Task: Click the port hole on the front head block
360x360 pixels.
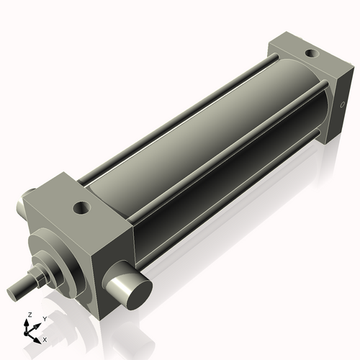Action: click(x=80, y=208)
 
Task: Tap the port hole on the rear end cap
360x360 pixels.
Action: click(x=310, y=53)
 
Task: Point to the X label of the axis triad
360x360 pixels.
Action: click(x=45, y=338)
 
